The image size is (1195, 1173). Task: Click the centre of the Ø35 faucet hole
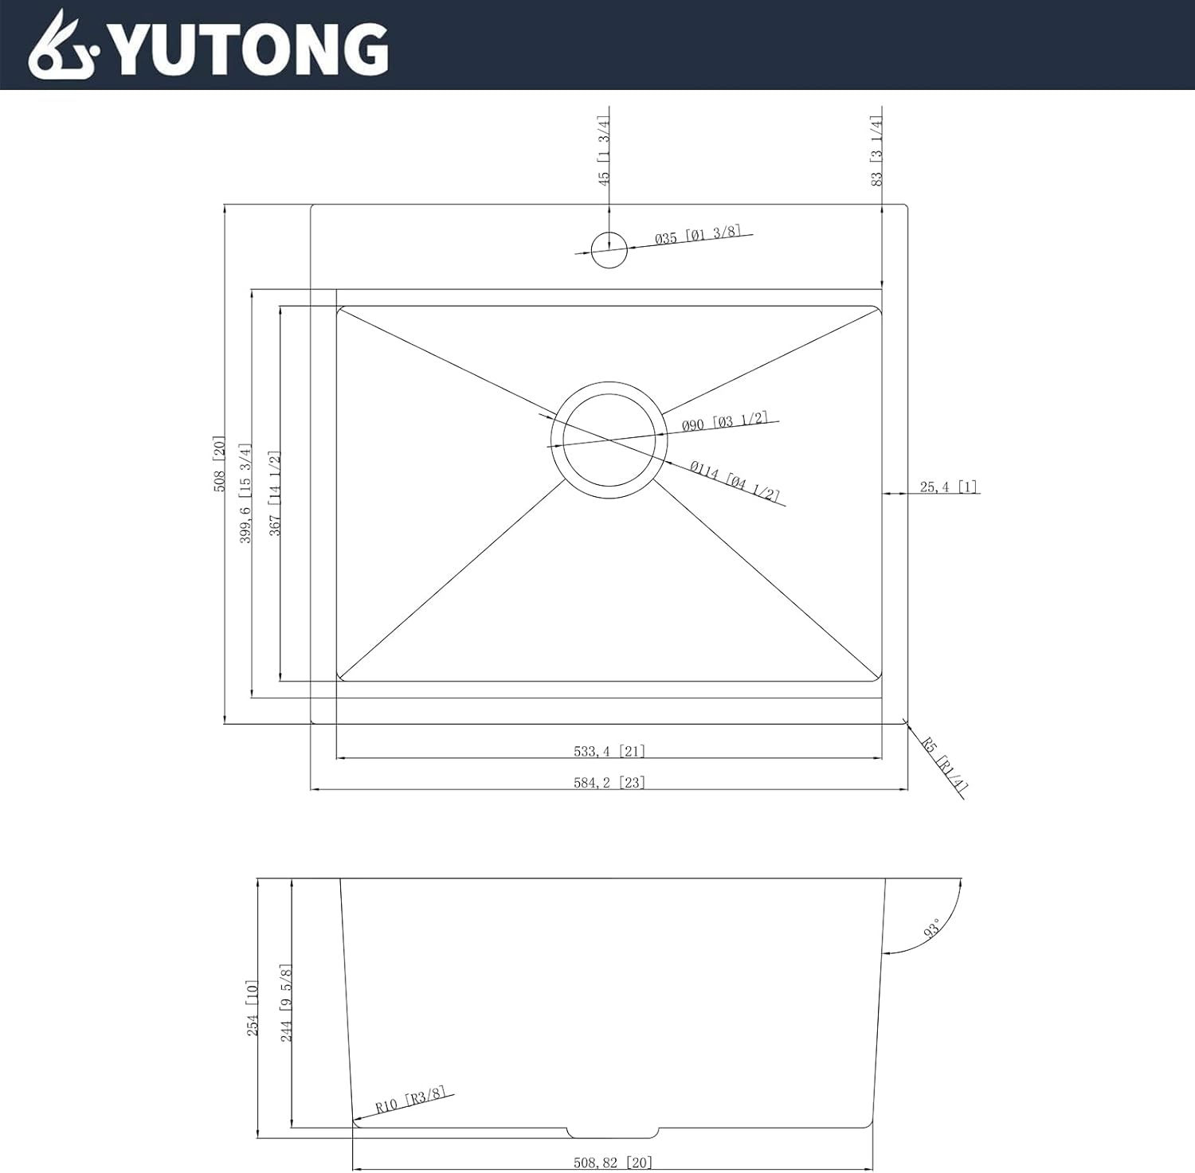[x=609, y=250]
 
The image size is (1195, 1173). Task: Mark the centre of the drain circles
[x=609, y=440]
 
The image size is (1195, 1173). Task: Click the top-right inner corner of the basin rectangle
[x=881, y=306]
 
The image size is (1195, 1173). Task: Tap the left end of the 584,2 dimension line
[x=311, y=789]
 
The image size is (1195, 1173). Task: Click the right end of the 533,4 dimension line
[x=882, y=758]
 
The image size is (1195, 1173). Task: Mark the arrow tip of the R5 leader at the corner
[x=906, y=721]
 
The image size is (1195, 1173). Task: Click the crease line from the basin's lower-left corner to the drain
[x=453, y=580]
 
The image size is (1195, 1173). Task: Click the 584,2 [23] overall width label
[x=609, y=782]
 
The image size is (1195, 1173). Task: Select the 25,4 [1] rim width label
[x=948, y=487]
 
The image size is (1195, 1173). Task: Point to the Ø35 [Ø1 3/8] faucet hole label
[x=698, y=235]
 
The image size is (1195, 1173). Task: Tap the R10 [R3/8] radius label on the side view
[x=410, y=1102]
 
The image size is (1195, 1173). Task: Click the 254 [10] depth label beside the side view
[x=253, y=1008]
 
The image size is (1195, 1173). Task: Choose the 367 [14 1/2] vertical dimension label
[x=275, y=493]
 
